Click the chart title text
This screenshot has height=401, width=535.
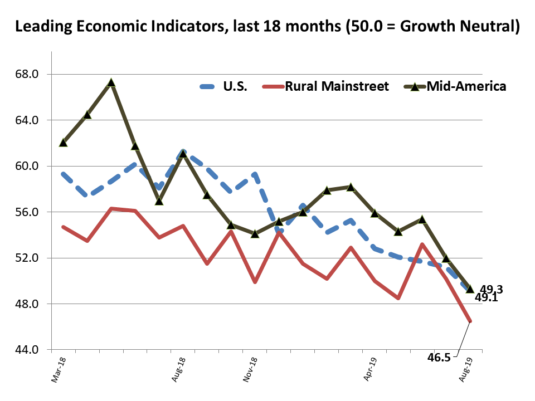coord(267,26)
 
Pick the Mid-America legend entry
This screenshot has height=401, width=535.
coord(466,86)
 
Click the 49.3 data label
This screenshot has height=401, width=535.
coord(492,289)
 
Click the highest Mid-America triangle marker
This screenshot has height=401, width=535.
coord(111,82)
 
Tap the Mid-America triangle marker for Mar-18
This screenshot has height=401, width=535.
coord(63,143)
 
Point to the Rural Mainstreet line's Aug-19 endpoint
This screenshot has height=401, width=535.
coord(471,321)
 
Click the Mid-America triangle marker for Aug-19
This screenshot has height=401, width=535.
coord(470,288)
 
